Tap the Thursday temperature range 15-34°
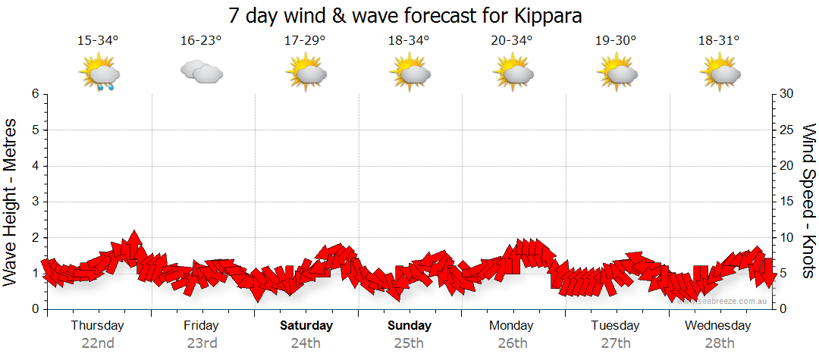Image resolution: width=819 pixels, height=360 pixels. tap(98, 40)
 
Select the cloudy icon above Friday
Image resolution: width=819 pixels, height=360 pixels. tap(201, 71)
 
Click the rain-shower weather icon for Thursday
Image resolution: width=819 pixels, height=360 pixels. tap(99, 73)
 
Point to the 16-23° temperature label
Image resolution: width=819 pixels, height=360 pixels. tap(201, 40)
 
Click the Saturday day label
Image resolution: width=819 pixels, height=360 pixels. tap(306, 326)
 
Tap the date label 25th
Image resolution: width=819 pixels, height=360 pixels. tap(409, 343)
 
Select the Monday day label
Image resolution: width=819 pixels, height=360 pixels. tap(512, 326)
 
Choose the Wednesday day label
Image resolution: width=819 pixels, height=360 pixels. tap(717, 326)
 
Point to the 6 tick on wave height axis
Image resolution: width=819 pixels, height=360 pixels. tap(35, 94)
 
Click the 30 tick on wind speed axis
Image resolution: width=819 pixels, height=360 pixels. tap(787, 94)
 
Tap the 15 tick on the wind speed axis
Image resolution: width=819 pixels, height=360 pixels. tap(787, 202)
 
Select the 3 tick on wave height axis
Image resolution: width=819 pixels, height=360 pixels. tap(35, 202)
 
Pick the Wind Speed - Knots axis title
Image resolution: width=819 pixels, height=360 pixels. tap(808, 202)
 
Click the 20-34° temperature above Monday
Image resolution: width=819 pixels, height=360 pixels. tap(512, 40)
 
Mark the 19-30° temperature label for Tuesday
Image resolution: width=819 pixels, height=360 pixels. tap(616, 40)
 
